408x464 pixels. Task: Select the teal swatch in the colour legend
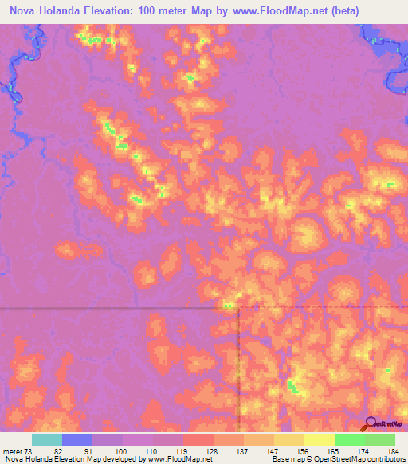point(47,440)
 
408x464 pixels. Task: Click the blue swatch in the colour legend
point(77,440)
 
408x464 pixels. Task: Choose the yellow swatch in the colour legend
point(319,440)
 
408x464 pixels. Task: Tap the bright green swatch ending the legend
point(380,440)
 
